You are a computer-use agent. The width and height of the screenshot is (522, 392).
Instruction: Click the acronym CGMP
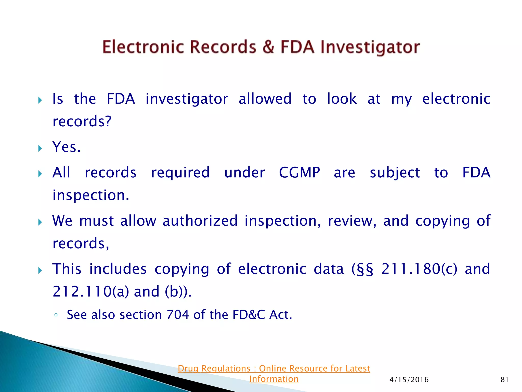coord(299,173)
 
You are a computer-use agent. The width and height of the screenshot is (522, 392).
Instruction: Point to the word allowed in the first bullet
coord(265,99)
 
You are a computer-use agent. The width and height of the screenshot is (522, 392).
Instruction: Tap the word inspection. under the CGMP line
coord(91,195)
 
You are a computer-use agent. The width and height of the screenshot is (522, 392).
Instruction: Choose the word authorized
coord(200,221)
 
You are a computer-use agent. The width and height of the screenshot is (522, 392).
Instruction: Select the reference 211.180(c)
coord(419,269)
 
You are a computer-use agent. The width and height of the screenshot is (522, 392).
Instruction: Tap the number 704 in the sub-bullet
coord(177,315)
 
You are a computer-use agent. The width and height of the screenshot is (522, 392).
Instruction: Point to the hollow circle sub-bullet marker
coord(56,315)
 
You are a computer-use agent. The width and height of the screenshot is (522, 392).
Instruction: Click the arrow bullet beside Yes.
coord(40,148)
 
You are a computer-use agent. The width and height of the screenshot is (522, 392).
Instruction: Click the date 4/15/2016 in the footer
coord(409,380)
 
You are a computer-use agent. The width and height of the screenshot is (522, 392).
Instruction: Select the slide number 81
coord(504,380)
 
